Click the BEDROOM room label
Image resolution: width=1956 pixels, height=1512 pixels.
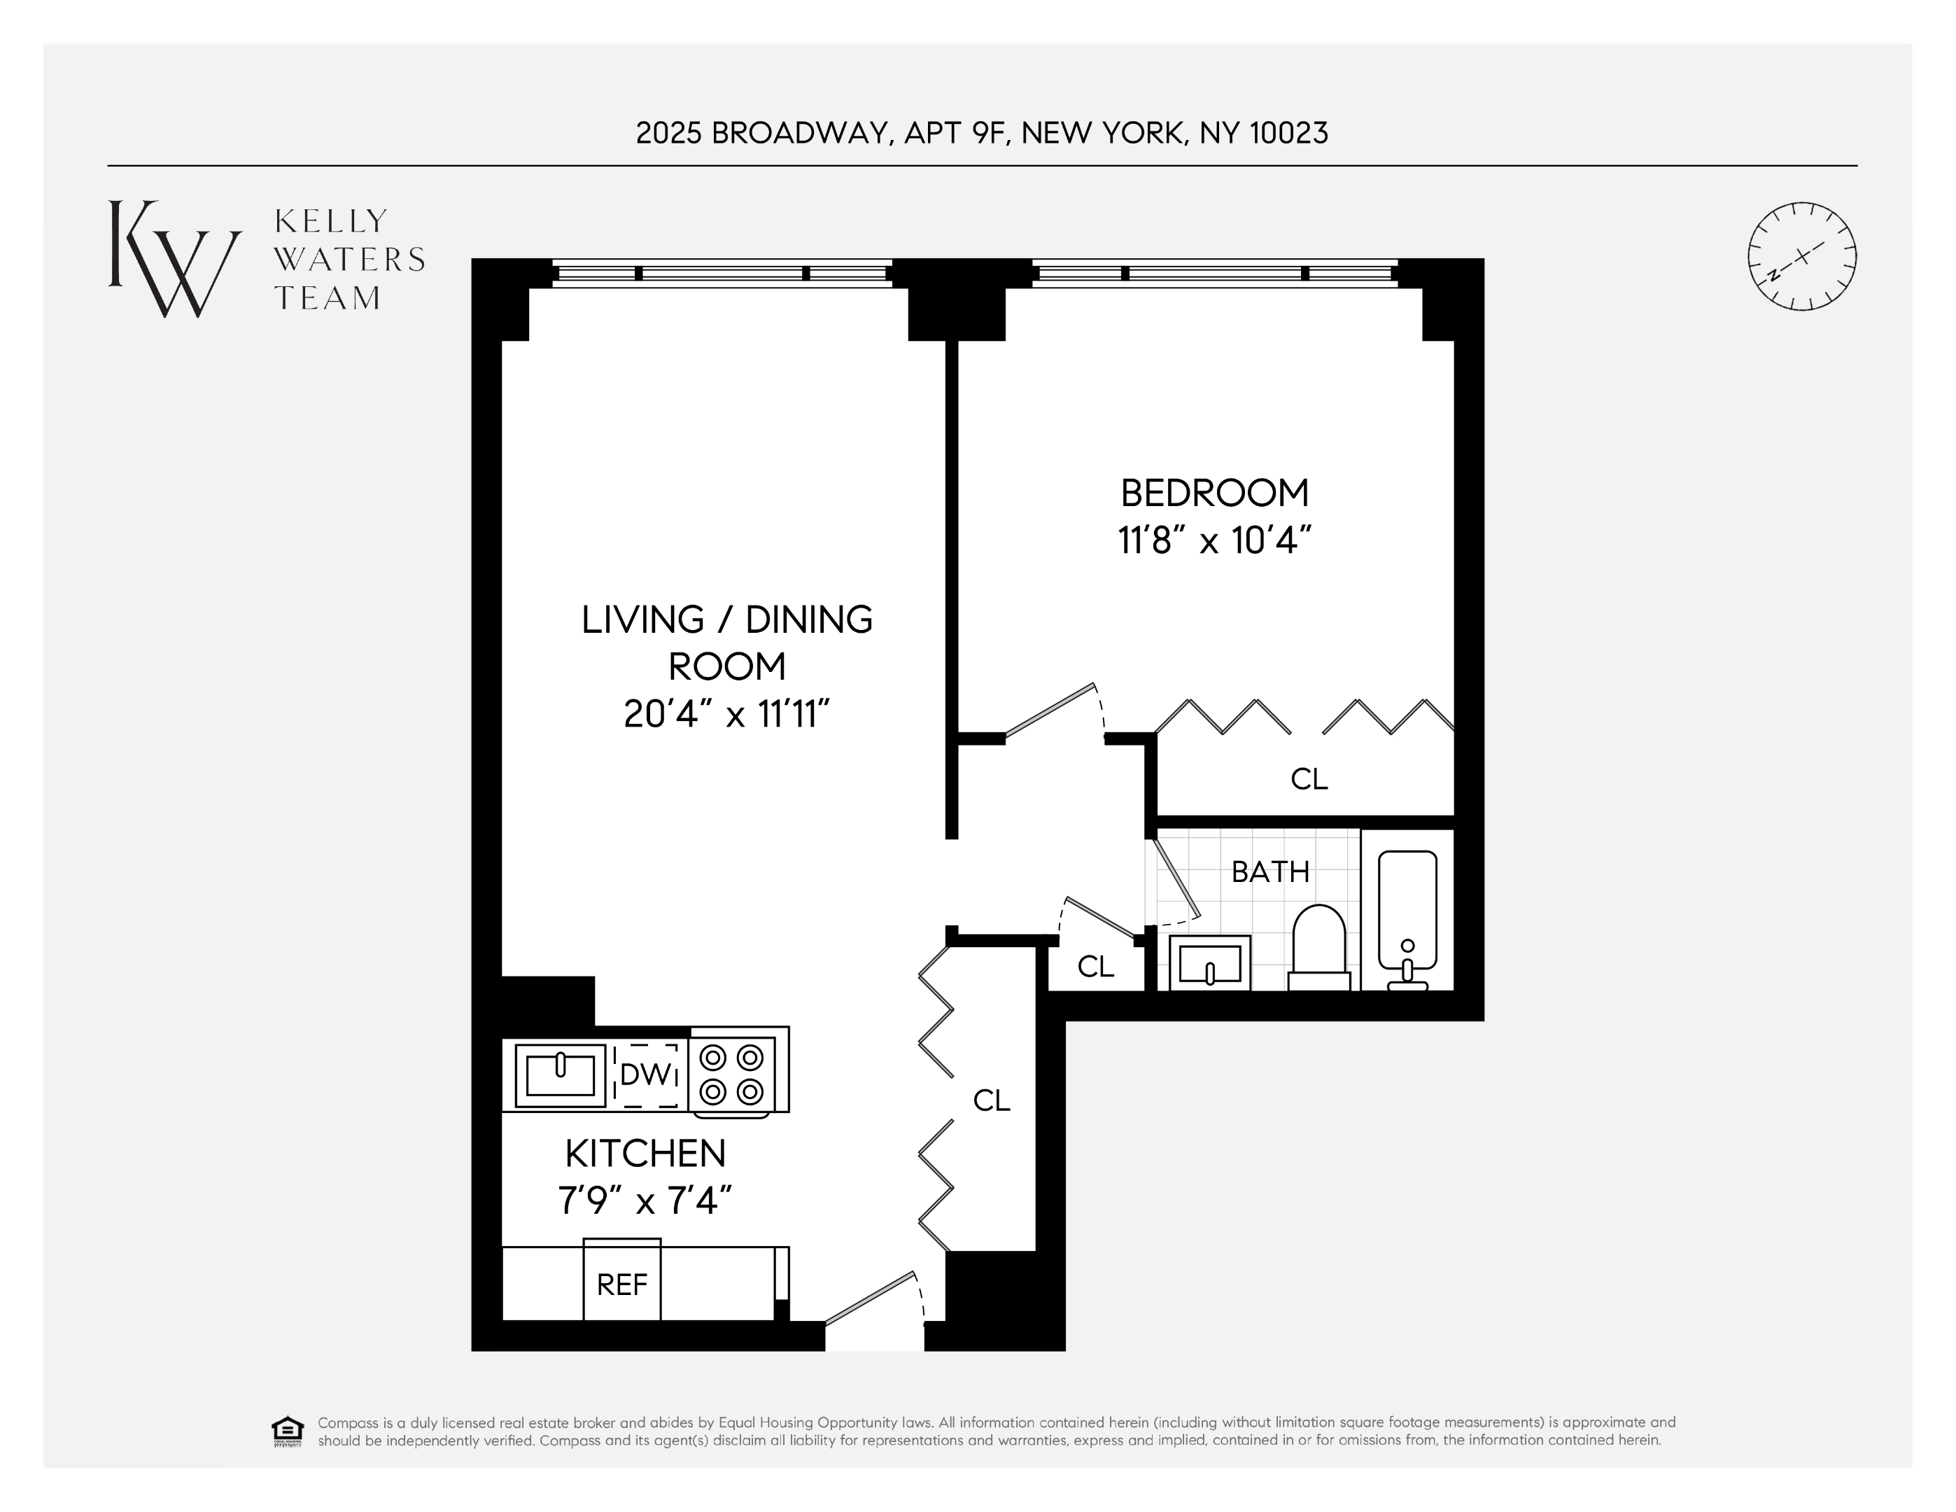[x=1214, y=493]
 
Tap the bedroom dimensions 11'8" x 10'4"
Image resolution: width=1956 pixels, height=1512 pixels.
[x=1214, y=541]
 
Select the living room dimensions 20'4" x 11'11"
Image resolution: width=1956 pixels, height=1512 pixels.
[x=727, y=715]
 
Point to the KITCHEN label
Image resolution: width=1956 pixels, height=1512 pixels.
[x=645, y=1154]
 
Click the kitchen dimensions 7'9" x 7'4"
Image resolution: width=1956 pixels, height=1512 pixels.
[x=645, y=1201]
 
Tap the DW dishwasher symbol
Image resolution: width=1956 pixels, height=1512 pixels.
[x=645, y=1074]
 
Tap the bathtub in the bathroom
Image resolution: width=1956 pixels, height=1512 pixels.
[x=1407, y=913]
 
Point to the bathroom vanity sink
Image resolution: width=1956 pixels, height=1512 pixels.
[x=1210, y=964]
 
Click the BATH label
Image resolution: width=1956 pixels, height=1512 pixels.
[x=1270, y=871]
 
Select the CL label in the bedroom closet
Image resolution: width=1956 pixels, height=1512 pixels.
[x=1309, y=779]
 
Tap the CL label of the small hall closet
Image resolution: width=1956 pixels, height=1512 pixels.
[x=1095, y=967]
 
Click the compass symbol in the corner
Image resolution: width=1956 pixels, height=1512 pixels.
[x=1802, y=256]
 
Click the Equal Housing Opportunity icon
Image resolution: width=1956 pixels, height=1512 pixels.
[x=288, y=1431]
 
